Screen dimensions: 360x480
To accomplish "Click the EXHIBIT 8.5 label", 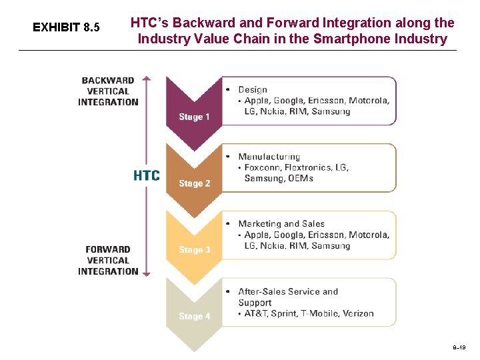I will pyautogui.click(x=66, y=27).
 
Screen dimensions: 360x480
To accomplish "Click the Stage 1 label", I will pyautogui.click(x=194, y=117).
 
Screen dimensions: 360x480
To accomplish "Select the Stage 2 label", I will pyautogui.click(x=194, y=183).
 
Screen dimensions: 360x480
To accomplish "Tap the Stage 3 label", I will pyautogui.click(x=194, y=250).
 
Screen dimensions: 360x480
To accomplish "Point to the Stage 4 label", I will pyautogui.click(x=194, y=317).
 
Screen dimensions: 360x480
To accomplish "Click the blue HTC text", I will pyautogui.click(x=147, y=175).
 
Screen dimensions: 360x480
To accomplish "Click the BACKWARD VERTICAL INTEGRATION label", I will pyautogui.click(x=108, y=91).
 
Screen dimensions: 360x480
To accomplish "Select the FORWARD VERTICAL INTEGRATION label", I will pyautogui.click(x=108, y=260).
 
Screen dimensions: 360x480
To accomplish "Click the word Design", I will pyautogui.click(x=253, y=89).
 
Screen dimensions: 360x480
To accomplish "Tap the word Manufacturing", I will pyautogui.click(x=269, y=157).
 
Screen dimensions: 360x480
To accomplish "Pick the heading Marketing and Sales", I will pyautogui.click(x=281, y=224).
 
